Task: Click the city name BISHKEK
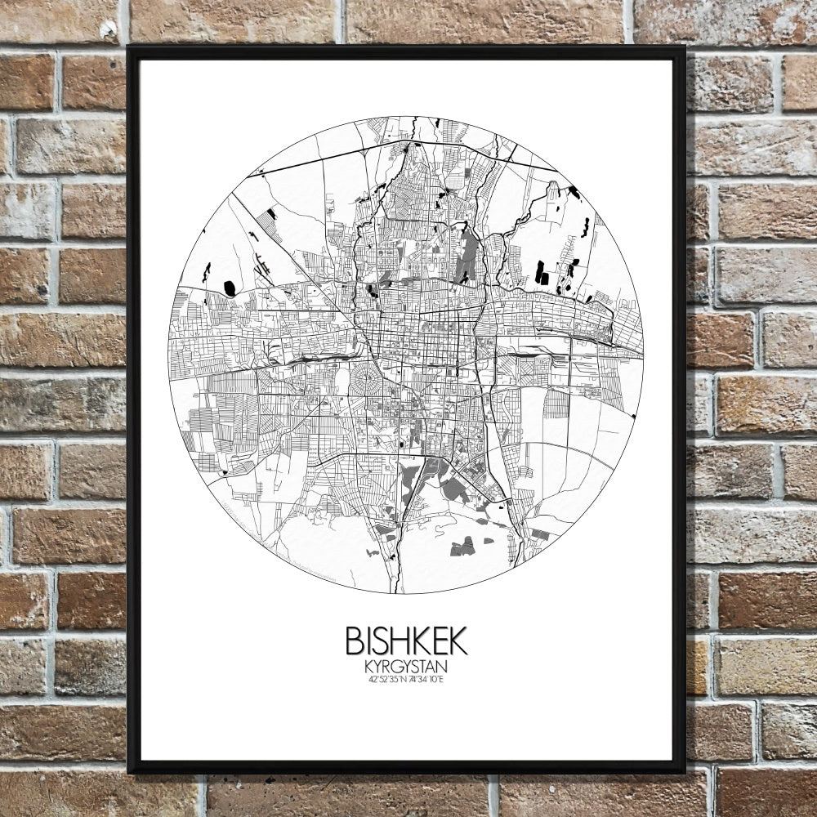(x=406, y=641)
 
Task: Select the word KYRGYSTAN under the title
(x=406, y=667)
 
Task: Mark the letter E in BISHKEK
(x=438, y=641)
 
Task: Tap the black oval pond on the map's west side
(x=230, y=288)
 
